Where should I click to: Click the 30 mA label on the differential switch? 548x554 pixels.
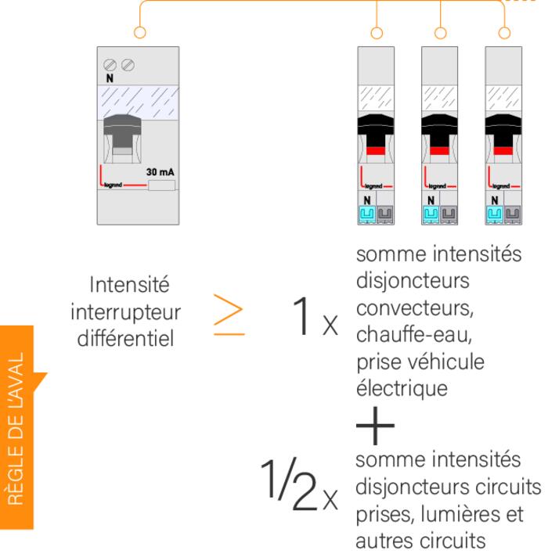pyautogui.click(x=160, y=171)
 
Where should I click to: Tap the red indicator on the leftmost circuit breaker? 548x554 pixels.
pyautogui.click(x=377, y=149)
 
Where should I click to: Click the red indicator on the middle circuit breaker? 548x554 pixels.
pyautogui.click(x=440, y=149)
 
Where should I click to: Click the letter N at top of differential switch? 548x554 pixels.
pyautogui.click(x=109, y=79)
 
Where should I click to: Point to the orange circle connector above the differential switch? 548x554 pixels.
pyautogui.click(x=140, y=33)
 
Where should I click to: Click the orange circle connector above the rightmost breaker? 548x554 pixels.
pyautogui.click(x=503, y=33)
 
